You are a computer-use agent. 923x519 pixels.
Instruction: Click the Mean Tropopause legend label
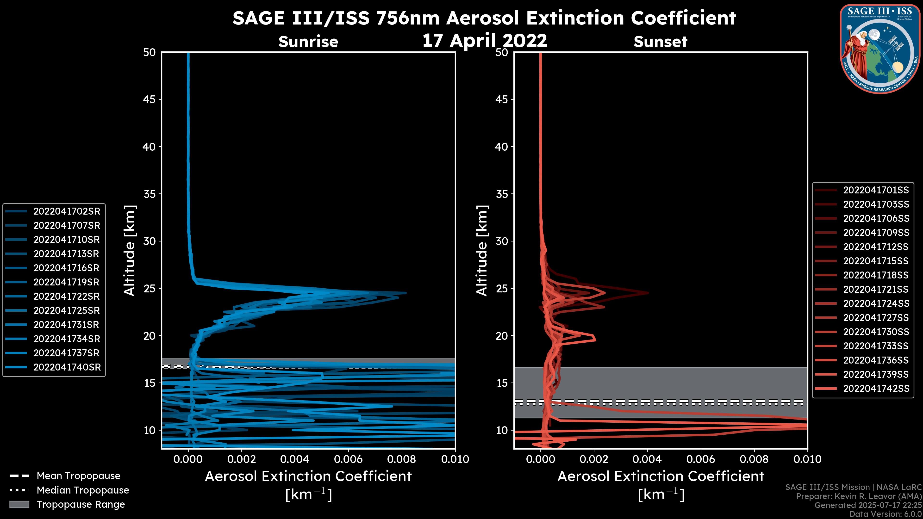(x=78, y=476)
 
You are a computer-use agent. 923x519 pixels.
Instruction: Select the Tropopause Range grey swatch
(x=19, y=505)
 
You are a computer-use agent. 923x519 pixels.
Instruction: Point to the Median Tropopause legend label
(x=83, y=490)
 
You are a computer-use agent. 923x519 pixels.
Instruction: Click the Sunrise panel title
(x=308, y=42)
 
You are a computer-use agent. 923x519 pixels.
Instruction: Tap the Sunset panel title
(x=660, y=42)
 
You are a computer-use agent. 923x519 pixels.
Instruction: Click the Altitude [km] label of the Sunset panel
(x=482, y=251)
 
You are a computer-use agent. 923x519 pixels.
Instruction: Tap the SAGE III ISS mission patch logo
(x=880, y=48)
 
